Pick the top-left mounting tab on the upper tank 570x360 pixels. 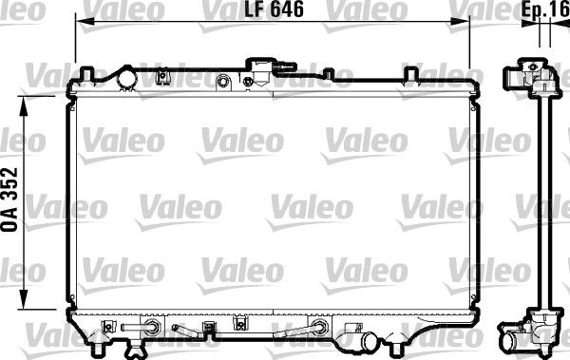pyautogui.click(x=87, y=73)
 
